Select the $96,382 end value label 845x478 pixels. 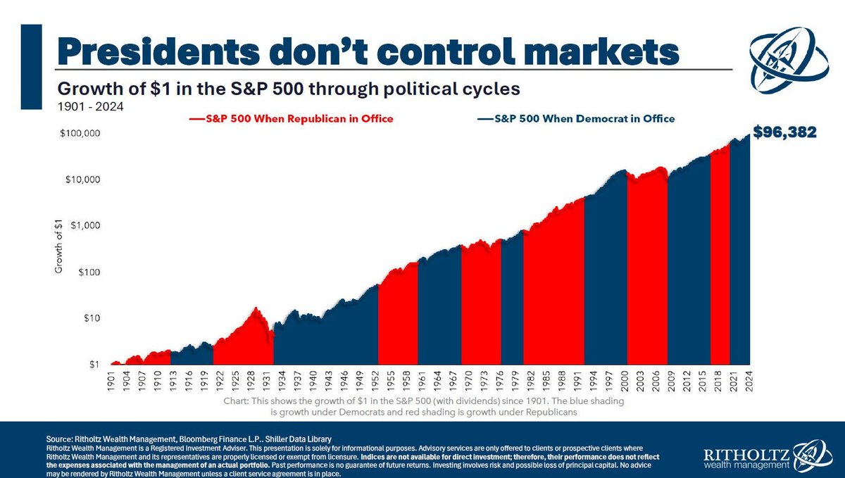pyautogui.click(x=784, y=132)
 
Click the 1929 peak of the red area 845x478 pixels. pyautogui.click(x=256, y=308)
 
